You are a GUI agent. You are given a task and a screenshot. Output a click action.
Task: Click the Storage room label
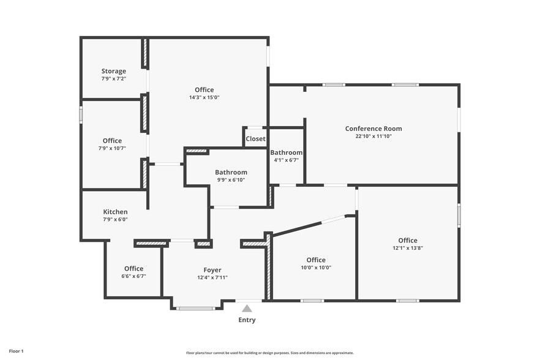[x=114, y=71]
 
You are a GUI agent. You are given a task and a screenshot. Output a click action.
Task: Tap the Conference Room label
[x=373, y=129]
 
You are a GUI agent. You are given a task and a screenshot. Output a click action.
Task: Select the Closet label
[x=255, y=139]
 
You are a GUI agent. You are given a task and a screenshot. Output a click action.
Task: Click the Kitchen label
[x=115, y=212]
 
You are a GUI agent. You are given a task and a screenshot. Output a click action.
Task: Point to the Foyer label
[x=212, y=270]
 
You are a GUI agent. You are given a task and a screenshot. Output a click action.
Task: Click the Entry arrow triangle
[x=247, y=309]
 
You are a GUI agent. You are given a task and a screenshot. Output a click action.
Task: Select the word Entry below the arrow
[x=247, y=320]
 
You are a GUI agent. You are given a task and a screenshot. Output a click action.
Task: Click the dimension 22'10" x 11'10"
[x=373, y=137]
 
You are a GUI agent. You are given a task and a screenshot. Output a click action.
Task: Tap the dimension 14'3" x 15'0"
[x=204, y=97]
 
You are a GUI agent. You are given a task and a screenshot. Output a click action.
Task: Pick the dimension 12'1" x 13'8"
[x=408, y=248]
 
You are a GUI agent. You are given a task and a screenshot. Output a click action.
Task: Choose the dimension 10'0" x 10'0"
[x=316, y=268]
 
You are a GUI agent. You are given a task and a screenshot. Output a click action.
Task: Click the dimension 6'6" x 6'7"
[x=133, y=276]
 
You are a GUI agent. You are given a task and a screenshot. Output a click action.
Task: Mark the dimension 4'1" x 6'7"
[x=287, y=160]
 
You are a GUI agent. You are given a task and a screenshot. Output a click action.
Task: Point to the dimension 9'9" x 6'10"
[x=231, y=180]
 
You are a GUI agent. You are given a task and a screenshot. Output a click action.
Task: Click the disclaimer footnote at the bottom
[x=269, y=353]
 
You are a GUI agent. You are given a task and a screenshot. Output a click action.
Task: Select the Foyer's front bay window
[x=195, y=308]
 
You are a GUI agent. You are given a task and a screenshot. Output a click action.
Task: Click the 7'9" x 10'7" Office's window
[x=81, y=115]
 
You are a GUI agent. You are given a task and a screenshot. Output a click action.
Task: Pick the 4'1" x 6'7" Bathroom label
[x=287, y=152]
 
